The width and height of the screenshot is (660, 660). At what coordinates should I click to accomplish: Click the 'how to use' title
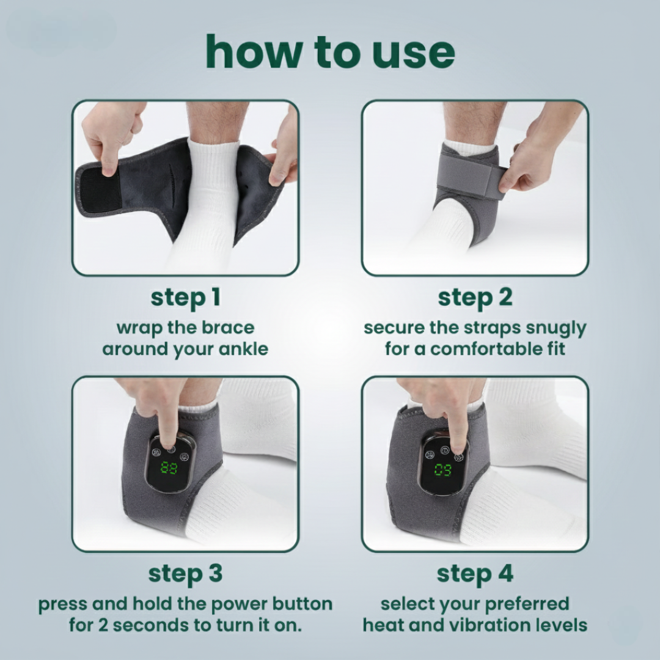(330, 52)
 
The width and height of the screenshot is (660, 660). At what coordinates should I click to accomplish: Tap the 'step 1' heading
(185, 298)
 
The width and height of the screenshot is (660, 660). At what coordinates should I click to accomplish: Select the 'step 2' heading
(475, 298)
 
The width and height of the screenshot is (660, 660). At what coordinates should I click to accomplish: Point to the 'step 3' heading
(185, 574)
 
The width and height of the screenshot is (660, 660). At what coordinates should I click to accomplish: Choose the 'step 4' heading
(475, 574)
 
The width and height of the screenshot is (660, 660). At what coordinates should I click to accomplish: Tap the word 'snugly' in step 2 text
(553, 328)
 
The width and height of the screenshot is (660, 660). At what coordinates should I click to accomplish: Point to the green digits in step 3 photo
(169, 468)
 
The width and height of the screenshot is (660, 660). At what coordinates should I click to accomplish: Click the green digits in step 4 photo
(444, 470)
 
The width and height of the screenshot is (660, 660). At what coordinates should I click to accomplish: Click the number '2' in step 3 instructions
(102, 626)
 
